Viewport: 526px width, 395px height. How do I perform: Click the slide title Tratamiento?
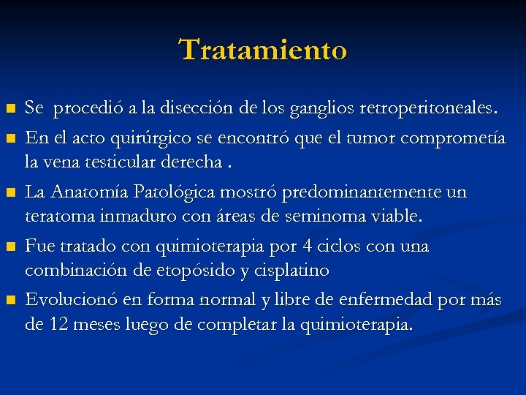click(263, 50)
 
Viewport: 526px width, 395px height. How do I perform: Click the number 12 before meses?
click(55, 325)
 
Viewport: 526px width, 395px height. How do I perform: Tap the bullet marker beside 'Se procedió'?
click(10, 110)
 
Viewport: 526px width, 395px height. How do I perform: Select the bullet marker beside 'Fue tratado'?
click(10, 247)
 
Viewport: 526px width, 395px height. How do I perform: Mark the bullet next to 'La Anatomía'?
click(10, 192)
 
